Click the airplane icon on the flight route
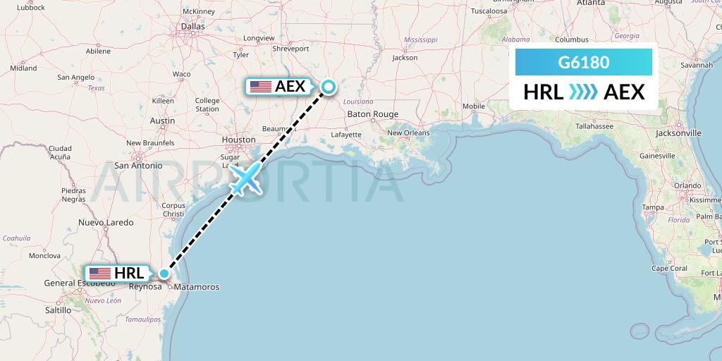point(246,179)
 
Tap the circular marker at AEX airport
point(328,87)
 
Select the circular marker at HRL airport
point(164,274)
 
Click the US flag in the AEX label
point(260,87)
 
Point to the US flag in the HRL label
point(99,274)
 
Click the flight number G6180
point(583,63)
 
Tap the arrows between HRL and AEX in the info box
point(583,92)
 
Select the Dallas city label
point(192,26)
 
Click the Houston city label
point(238,140)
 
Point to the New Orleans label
point(408,133)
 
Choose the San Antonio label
point(138,166)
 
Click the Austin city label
point(162,121)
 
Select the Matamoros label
point(196,287)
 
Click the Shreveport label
point(290,49)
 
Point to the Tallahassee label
point(594,126)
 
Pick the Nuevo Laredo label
point(106,223)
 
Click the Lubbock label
point(32,8)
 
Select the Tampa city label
point(653,207)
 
